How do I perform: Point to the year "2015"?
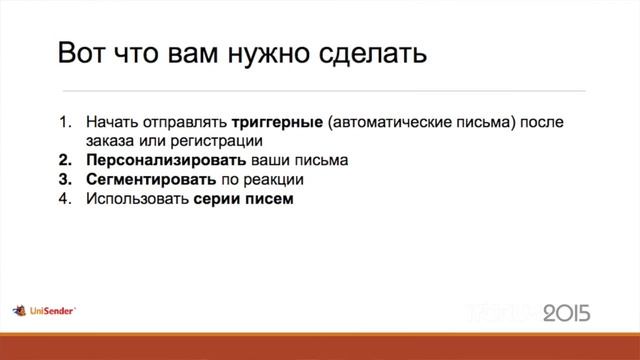tap(567, 314)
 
